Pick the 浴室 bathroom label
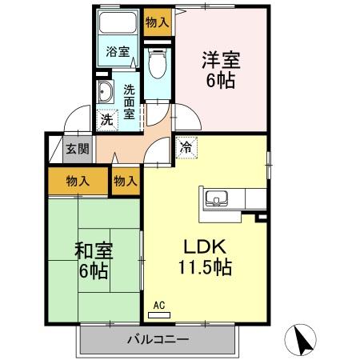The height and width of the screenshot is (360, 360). (118, 52)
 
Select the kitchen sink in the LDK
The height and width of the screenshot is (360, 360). (217, 198)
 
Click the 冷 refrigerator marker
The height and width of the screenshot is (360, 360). (185, 147)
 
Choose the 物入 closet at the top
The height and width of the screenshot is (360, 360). (158, 23)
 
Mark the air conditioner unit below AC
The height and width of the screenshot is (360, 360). (158, 314)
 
